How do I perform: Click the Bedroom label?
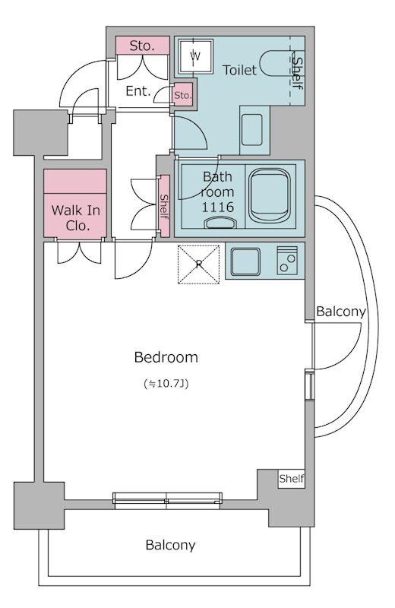point(166,357)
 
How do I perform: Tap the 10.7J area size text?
point(166,384)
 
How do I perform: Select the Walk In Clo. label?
point(75,218)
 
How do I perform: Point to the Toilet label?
point(239,70)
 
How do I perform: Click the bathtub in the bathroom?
point(270,196)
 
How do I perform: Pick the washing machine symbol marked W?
point(196,56)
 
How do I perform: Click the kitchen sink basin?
point(245,261)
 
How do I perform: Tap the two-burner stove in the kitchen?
point(287,260)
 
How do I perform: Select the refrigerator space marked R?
point(198,264)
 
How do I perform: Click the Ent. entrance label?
point(138,91)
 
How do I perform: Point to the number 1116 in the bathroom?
point(217,207)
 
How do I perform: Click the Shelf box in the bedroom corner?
point(292,479)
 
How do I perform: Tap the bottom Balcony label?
point(170,545)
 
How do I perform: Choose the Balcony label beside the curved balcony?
point(340,312)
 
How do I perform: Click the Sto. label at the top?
point(142,46)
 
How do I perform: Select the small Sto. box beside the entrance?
point(182,95)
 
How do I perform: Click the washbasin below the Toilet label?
point(252,130)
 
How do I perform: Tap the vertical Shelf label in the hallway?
point(164,206)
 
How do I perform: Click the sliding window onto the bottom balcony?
point(167,501)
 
